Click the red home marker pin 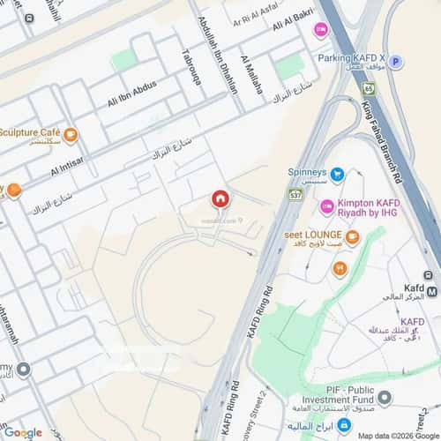(220, 199)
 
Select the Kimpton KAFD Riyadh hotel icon (326, 208)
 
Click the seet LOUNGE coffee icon (352, 236)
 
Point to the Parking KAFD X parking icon (396, 62)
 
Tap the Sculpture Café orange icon (71, 135)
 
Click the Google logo (22, 432)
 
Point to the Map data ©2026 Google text (396, 435)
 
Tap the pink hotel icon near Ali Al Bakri (320, 28)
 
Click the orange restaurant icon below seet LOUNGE (340, 268)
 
